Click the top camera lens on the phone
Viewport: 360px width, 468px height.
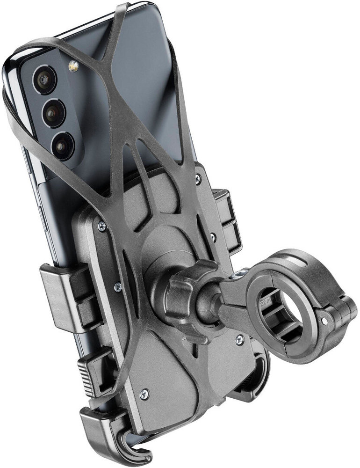click(44, 80)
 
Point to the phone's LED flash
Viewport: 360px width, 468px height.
click(73, 67)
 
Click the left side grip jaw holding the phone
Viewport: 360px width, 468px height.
click(63, 295)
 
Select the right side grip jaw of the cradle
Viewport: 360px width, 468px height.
click(229, 220)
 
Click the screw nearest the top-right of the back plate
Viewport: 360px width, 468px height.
click(198, 178)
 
